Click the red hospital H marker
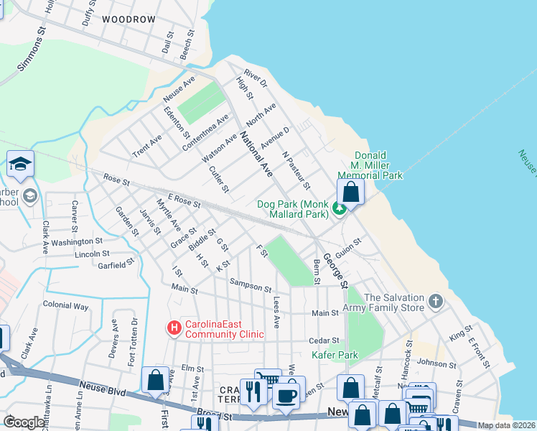174,328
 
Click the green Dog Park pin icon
339,209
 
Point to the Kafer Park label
334,355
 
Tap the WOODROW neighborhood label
129,19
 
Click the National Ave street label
256,154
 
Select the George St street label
335,270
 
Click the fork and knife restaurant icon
253,391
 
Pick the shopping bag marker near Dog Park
350,193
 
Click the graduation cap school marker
20,164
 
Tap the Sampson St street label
251,285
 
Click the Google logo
23,422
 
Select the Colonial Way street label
65,305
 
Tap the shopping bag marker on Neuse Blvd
155,381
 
